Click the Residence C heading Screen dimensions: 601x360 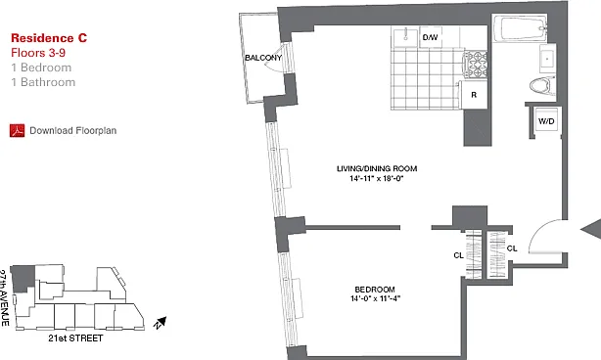(x=49, y=38)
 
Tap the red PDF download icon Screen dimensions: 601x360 (x=18, y=130)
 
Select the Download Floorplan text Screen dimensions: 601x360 (x=73, y=130)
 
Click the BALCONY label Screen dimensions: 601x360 (x=263, y=58)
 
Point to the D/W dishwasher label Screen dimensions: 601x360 (x=430, y=37)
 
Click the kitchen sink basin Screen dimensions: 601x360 (x=405, y=37)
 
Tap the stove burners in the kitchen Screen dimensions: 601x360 (x=476, y=64)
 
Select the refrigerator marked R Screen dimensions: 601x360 (x=474, y=95)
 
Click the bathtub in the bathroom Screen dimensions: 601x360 (x=521, y=27)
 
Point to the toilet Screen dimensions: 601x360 (x=542, y=86)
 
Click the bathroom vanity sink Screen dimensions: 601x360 (x=547, y=59)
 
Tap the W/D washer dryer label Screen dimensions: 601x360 (x=546, y=121)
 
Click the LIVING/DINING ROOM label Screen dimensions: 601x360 (x=377, y=168)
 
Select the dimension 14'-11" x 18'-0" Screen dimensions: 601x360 (x=377, y=178)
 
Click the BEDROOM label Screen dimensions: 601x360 (x=375, y=290)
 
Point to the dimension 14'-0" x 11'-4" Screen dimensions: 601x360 (x=376, y=298)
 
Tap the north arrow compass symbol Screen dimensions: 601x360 (x=161, y=323)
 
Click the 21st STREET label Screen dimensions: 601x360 (x=76, y=338)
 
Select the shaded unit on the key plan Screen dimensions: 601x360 (x=23, y=279)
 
